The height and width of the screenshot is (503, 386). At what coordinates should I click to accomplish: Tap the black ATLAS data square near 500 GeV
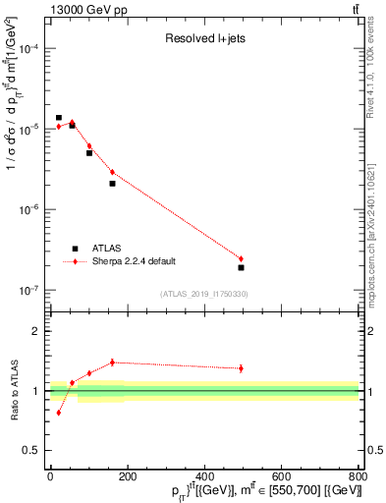pos(241,267)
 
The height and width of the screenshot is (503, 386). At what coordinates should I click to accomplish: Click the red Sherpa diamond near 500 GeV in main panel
pos(241,258)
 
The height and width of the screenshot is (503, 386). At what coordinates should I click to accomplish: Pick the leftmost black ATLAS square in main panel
pos(59,118)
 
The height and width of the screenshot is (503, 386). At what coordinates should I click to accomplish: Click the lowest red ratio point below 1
pos(59,413)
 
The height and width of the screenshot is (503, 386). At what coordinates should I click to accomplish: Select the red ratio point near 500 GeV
pos(241,368)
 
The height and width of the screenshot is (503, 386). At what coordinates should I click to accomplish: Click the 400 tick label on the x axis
pos(204,476)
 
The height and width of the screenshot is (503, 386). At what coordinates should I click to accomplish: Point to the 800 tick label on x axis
pos(358,476)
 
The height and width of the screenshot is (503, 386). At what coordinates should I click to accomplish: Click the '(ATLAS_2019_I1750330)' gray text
pos(204,294)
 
